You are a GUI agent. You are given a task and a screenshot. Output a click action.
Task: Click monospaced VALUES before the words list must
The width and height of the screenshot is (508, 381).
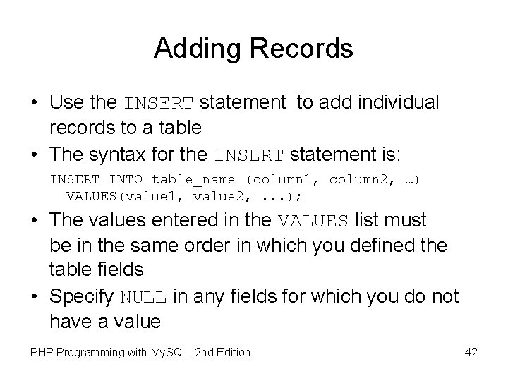[x=314, y=222]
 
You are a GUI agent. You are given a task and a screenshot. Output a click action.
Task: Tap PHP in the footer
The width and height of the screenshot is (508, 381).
[x=40, y=351]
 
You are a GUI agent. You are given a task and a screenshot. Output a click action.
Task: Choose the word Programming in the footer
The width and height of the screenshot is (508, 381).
[x=87, y=351]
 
